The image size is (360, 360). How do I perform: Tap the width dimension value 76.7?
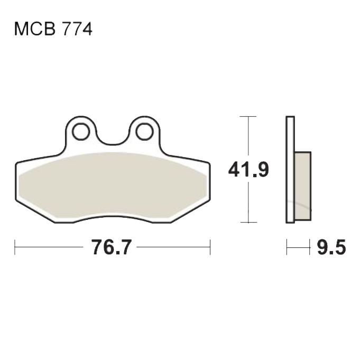tap(112, 247)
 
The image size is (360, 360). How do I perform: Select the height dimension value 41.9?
tap(248, 170)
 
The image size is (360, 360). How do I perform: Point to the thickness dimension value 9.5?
tap(331, 247)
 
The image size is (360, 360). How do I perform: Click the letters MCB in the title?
tap(35, 29)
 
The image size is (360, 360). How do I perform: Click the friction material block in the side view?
tap(303, 186)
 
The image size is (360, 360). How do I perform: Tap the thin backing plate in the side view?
tap(290, 170)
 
